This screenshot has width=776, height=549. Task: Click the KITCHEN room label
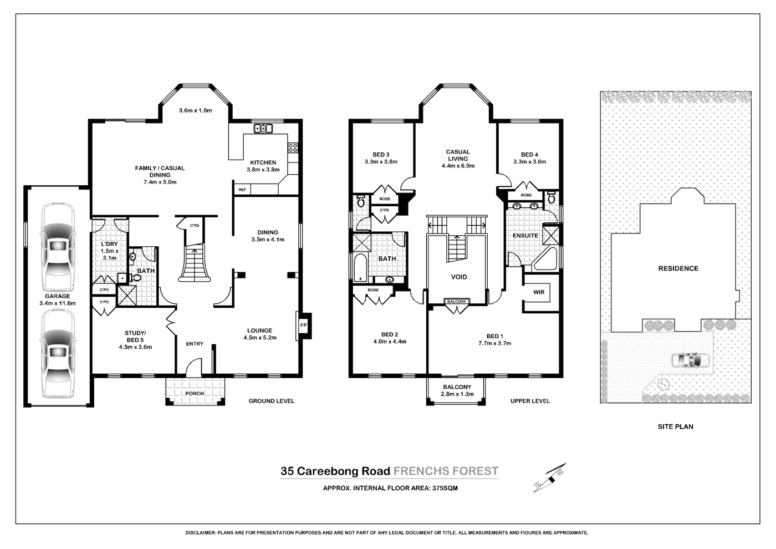(x=263, y=162)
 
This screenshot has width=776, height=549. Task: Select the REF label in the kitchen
(x=242, y=190)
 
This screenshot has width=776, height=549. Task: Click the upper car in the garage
(x=57, y=247)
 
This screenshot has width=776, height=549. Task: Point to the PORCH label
(x=195, y=393)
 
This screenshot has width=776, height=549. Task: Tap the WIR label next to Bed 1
(x=538, y=292)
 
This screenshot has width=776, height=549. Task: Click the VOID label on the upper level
(x=459, y=277)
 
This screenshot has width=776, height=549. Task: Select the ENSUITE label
(x=525, y=236)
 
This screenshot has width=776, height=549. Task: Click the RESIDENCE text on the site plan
(x=678, y=268)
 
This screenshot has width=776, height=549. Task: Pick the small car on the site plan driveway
(x=690, y=360)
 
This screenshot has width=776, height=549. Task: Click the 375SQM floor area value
(x=445, y=489)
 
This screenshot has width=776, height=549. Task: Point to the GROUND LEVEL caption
(x=271, y=401)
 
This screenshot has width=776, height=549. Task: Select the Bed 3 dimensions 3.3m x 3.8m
(x=381, y=162)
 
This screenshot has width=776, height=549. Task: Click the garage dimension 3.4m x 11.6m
(x=57, y=303)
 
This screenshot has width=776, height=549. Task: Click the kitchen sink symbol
(x=264, y=129)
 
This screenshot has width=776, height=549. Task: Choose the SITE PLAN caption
(x=675, y=426)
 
